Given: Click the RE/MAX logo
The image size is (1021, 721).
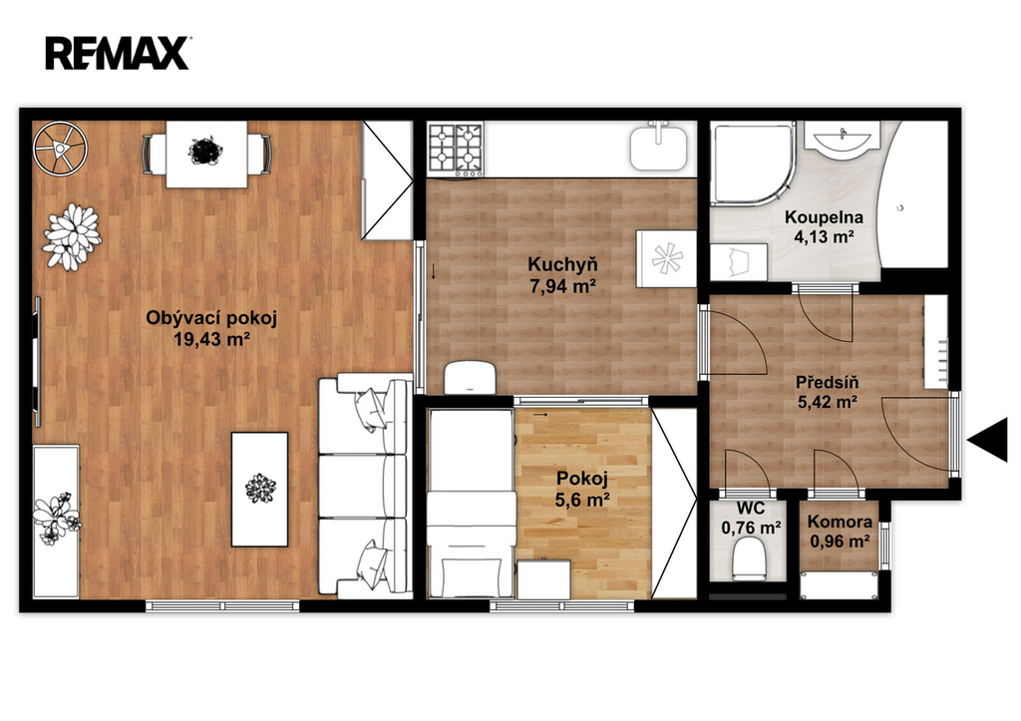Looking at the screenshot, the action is click(x=118, y=53).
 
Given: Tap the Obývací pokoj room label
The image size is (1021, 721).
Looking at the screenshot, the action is click(x=211, y=318).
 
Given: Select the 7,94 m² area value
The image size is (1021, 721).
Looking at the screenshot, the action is click(x=563, y=286).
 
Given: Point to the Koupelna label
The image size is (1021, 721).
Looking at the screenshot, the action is click(x=824, y=217).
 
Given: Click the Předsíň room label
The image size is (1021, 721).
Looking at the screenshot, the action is click(x=827, y=382).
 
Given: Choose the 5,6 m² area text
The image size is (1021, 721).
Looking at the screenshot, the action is click(x=582, y=501).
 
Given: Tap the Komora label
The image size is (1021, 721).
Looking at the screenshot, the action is click(x=840, y=522).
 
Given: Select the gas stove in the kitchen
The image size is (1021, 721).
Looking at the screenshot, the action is click(x=455, y=151).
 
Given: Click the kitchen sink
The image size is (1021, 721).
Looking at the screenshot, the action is click(x=658, y=148).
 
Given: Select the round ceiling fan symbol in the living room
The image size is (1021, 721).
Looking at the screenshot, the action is click(x=61, y=149).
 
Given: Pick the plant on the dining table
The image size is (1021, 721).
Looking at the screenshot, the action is click(x=205, y=152).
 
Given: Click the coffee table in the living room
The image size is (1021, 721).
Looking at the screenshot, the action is click(x=260, y=489).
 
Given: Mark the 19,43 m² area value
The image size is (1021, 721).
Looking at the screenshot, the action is click(x=211, y=339).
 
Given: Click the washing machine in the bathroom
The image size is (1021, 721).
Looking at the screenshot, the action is click(x=739, y=262).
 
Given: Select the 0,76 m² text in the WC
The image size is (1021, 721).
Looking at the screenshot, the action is click(x=752, y=528).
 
